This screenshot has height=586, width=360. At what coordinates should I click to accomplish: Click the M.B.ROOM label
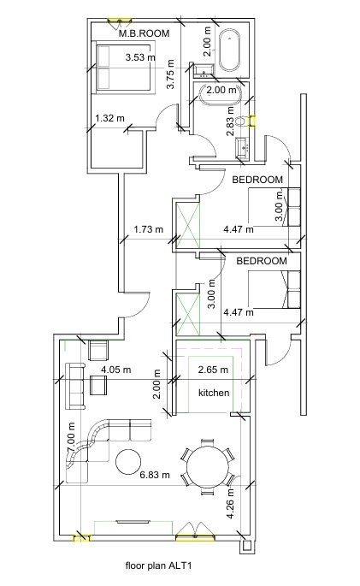(145, 33)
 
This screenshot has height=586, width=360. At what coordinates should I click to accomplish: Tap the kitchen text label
(214, 393)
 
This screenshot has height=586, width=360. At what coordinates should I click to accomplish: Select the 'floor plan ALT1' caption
(159, 565)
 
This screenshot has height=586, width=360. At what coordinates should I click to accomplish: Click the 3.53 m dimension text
(140, 57)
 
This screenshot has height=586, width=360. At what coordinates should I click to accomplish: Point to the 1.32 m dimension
(109, 118)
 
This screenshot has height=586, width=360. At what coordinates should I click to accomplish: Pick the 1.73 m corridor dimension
(149, 229)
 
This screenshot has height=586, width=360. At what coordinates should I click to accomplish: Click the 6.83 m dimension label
(155, 475)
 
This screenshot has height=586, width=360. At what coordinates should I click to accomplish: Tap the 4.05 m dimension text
(116, 370)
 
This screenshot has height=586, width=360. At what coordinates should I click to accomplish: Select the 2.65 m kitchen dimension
(213, 370)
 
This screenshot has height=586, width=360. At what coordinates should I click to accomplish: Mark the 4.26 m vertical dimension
(231, 503)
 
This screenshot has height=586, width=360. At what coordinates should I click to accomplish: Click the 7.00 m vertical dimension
(72, 438)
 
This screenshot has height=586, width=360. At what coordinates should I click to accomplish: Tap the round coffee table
(128, 462)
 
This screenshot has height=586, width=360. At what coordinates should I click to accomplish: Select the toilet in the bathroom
(244, 121)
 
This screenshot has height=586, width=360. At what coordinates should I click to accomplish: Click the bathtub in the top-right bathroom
(229, 50)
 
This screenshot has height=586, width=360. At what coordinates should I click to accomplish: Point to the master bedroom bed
(125, 68)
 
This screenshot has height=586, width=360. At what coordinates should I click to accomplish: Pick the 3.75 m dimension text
(170, 74)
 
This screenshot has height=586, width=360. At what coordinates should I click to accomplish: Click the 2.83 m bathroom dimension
(230, 121)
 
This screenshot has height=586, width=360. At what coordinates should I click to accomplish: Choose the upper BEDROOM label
(257, 180)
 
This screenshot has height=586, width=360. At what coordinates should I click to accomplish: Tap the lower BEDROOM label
(262, 261)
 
